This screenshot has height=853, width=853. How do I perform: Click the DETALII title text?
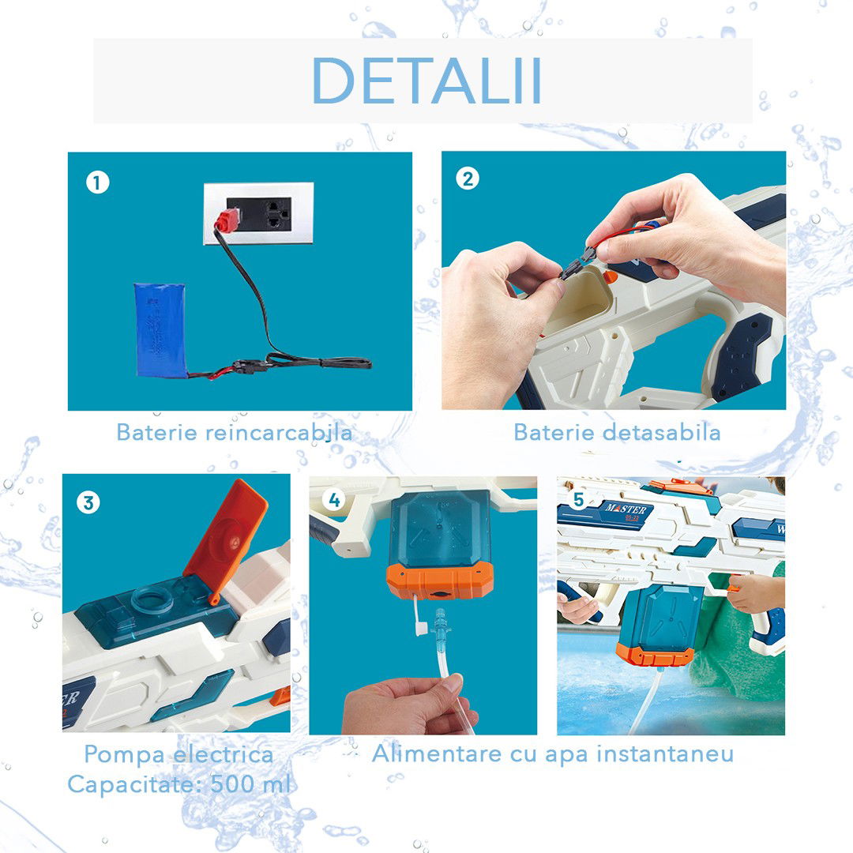426,81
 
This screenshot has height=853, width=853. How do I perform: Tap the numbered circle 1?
96,183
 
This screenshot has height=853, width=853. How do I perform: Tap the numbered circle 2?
468,179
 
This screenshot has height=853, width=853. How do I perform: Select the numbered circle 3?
88,502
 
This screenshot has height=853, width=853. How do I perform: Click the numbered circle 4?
335,499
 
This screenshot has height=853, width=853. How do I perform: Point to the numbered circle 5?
578,499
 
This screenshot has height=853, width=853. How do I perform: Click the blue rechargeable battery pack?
161,329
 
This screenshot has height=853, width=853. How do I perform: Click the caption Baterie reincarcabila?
234,432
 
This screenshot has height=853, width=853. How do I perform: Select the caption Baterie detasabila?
616,432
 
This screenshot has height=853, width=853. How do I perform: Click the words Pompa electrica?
178,754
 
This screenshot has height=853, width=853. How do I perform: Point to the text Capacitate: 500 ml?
178,784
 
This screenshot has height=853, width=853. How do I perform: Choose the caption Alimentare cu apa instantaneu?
552,753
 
